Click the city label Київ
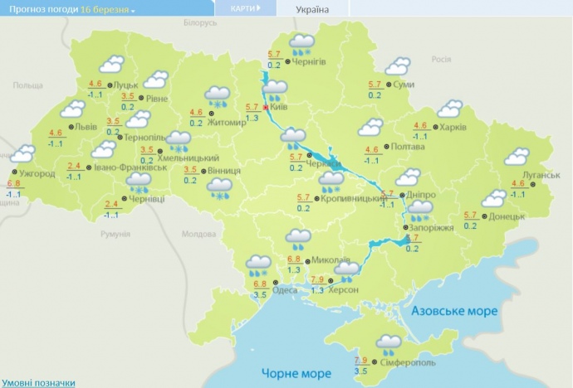[x=279, y=108]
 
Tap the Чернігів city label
[x=309, y=62]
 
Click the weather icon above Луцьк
[x=110, y=65]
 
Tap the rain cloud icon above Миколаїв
[x=298, y=240]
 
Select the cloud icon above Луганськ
[x=518, y=156]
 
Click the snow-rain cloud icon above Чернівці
[x=138, y=181]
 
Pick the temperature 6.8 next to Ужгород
[x=13, y=184]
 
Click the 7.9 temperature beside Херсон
[x=316, y=279]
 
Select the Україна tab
[x=311, y=9]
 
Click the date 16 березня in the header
[x=105, y=8]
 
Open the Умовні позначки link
[x=37, y=382]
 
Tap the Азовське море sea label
[x=456, y=310]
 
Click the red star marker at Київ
[x=266, y=108]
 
